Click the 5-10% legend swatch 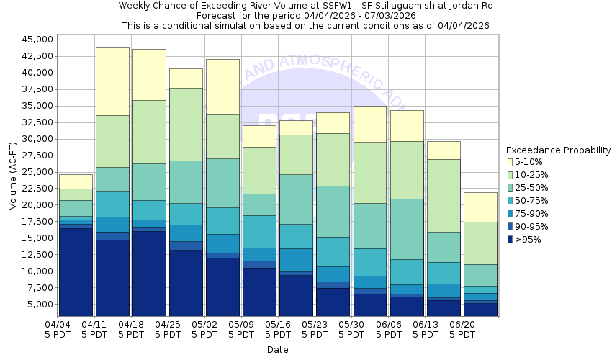pyautogui.click(x=510, y=162)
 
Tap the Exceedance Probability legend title pyautogui.click(x=558, y=150)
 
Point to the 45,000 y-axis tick pyautogui.click(x=36, y=40)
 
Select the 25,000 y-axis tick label pyautogui.click(x=36, y=172)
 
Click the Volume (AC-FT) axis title pyautogui.click(x=12, y=176)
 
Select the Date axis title pyautogui.click(x=277, y=350)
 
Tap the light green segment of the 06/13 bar pyautogui.click(x=444, y=195)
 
